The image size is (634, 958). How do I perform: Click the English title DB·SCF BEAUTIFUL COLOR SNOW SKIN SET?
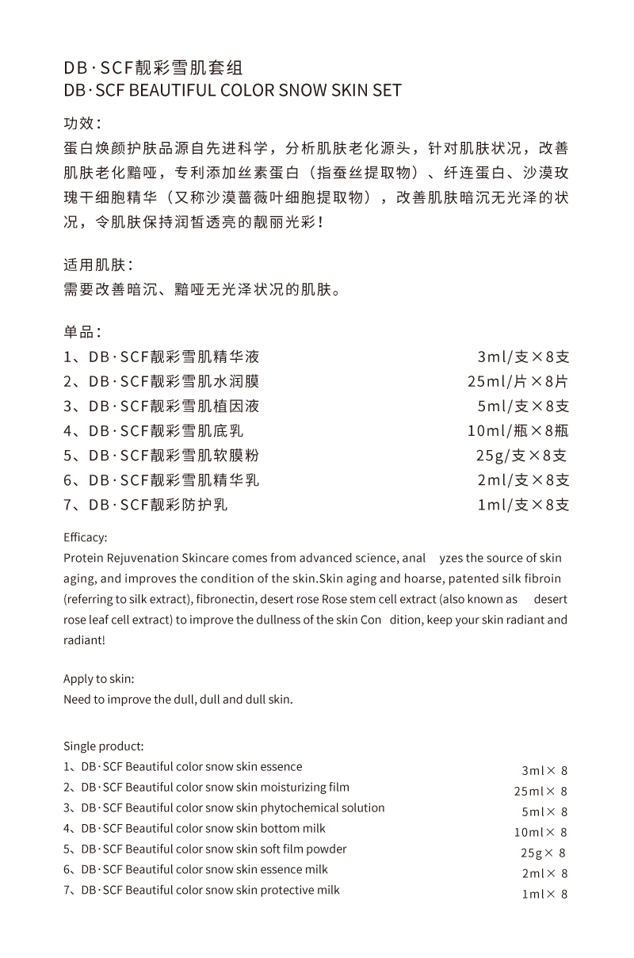pos(232,90)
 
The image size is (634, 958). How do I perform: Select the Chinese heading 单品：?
pos(82,332)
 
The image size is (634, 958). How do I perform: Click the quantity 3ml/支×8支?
pos(523,357)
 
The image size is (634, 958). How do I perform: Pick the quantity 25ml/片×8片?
pos(518,382)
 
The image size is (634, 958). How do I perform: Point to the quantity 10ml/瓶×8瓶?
pos(518,431)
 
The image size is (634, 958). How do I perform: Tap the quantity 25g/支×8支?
pos(522,456)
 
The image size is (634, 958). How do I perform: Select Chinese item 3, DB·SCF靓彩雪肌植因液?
pos(162,406)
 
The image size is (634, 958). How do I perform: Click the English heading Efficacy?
pos(85,537)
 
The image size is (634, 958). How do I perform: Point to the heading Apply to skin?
pos(99,680)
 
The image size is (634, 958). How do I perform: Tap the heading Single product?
pos(104,746)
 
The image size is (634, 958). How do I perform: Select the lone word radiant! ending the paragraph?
pos(84,640)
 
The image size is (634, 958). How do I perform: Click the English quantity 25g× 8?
pos(543,853)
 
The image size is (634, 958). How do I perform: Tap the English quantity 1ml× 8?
pos(544,895)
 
